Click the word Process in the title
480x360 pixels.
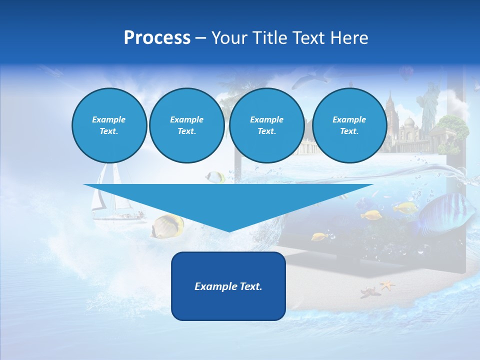pyautogui.click(x=157, y=37)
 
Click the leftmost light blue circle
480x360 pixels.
pyautogui.click(x=109, y=125)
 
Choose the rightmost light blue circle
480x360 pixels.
pyautogui.click(x=349, y=125)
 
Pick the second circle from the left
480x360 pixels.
pyautogui.click(x=186, y=125)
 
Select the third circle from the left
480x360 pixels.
pyautogui.click(x=266, y=125)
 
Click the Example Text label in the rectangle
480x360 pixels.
pyautogui.click(x=228, y=286)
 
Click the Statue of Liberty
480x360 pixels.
pyautogui.click(x=429, y=105)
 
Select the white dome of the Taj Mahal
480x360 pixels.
pyautogui.click(x=409, y=123)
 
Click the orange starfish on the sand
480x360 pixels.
pyautogui.click(x=387, y=285)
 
